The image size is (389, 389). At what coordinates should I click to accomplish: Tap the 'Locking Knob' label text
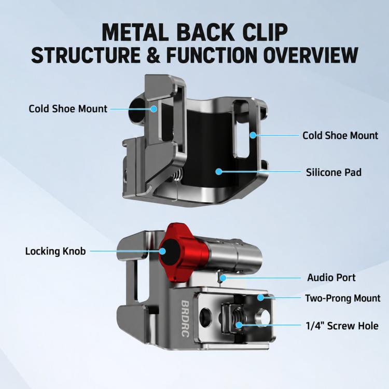point(55,252)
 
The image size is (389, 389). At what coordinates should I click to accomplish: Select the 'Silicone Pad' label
point(334,172)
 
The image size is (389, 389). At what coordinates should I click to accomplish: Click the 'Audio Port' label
point(331,277)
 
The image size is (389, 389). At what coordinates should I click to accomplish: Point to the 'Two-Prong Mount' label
point(343,298)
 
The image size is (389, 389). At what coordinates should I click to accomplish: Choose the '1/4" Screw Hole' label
point(342,326)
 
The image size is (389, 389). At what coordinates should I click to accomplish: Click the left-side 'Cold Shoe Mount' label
point(68,109)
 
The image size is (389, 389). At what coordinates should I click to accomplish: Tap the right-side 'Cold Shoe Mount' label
point(340,136)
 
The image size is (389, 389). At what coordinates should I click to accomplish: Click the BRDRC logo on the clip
point(185,319)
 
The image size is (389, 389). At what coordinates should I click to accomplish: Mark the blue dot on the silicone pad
point(218,172)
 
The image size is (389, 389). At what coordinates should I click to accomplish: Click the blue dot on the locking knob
point(162,252)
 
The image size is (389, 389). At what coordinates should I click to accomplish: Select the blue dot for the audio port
point(223,278)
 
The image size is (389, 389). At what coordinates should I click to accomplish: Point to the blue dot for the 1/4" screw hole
point(239,325)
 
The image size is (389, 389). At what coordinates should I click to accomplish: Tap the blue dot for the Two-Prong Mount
point(260,297)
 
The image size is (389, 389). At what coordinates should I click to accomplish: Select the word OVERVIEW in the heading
point(311,55)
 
